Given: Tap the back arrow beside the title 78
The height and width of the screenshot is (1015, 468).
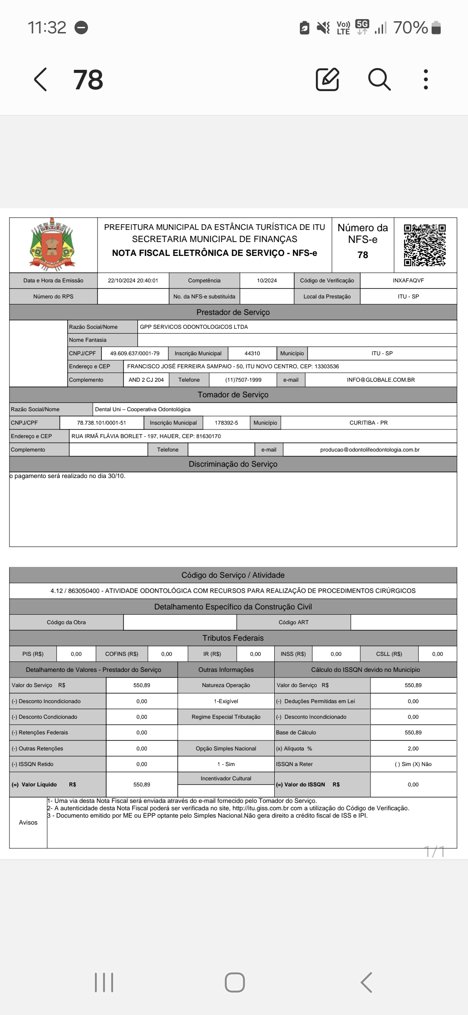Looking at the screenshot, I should (41, 79).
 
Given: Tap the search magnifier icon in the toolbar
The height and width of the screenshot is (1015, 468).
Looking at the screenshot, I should (379, 79).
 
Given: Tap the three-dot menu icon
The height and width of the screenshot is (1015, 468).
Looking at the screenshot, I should (426, 79).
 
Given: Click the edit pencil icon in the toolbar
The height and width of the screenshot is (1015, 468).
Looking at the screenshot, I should (327, 79).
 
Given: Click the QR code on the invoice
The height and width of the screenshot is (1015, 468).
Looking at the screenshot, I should (425, 245).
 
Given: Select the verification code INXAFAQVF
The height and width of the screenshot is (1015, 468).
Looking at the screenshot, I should (408, 281).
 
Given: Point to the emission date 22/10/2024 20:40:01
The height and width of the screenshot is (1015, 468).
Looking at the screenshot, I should (133, 281).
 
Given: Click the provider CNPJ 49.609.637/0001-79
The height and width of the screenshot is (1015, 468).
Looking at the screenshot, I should (135, 354).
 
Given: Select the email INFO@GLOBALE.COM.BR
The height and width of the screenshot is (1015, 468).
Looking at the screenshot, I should (380, 380).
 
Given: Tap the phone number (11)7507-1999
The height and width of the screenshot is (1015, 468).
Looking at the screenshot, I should (243, 380).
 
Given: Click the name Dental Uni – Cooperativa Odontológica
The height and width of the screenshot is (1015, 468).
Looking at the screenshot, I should (143, 409).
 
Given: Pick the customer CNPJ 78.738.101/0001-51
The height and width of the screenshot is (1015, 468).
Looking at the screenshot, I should (101, 423).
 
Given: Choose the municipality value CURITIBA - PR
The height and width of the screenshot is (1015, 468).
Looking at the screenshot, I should (368, 423).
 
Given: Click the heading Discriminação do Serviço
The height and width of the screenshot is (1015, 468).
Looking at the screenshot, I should (233, 464).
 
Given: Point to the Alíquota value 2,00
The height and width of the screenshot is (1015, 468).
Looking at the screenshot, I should (413, 749).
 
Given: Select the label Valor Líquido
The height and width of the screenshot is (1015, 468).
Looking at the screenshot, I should (39, 785).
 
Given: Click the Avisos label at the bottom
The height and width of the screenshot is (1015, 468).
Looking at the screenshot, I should (28, 822).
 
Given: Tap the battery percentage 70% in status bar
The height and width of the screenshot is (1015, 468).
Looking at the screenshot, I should (410, 28).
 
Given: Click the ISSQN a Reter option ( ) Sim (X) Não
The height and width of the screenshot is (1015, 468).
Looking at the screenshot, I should (413, 764).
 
